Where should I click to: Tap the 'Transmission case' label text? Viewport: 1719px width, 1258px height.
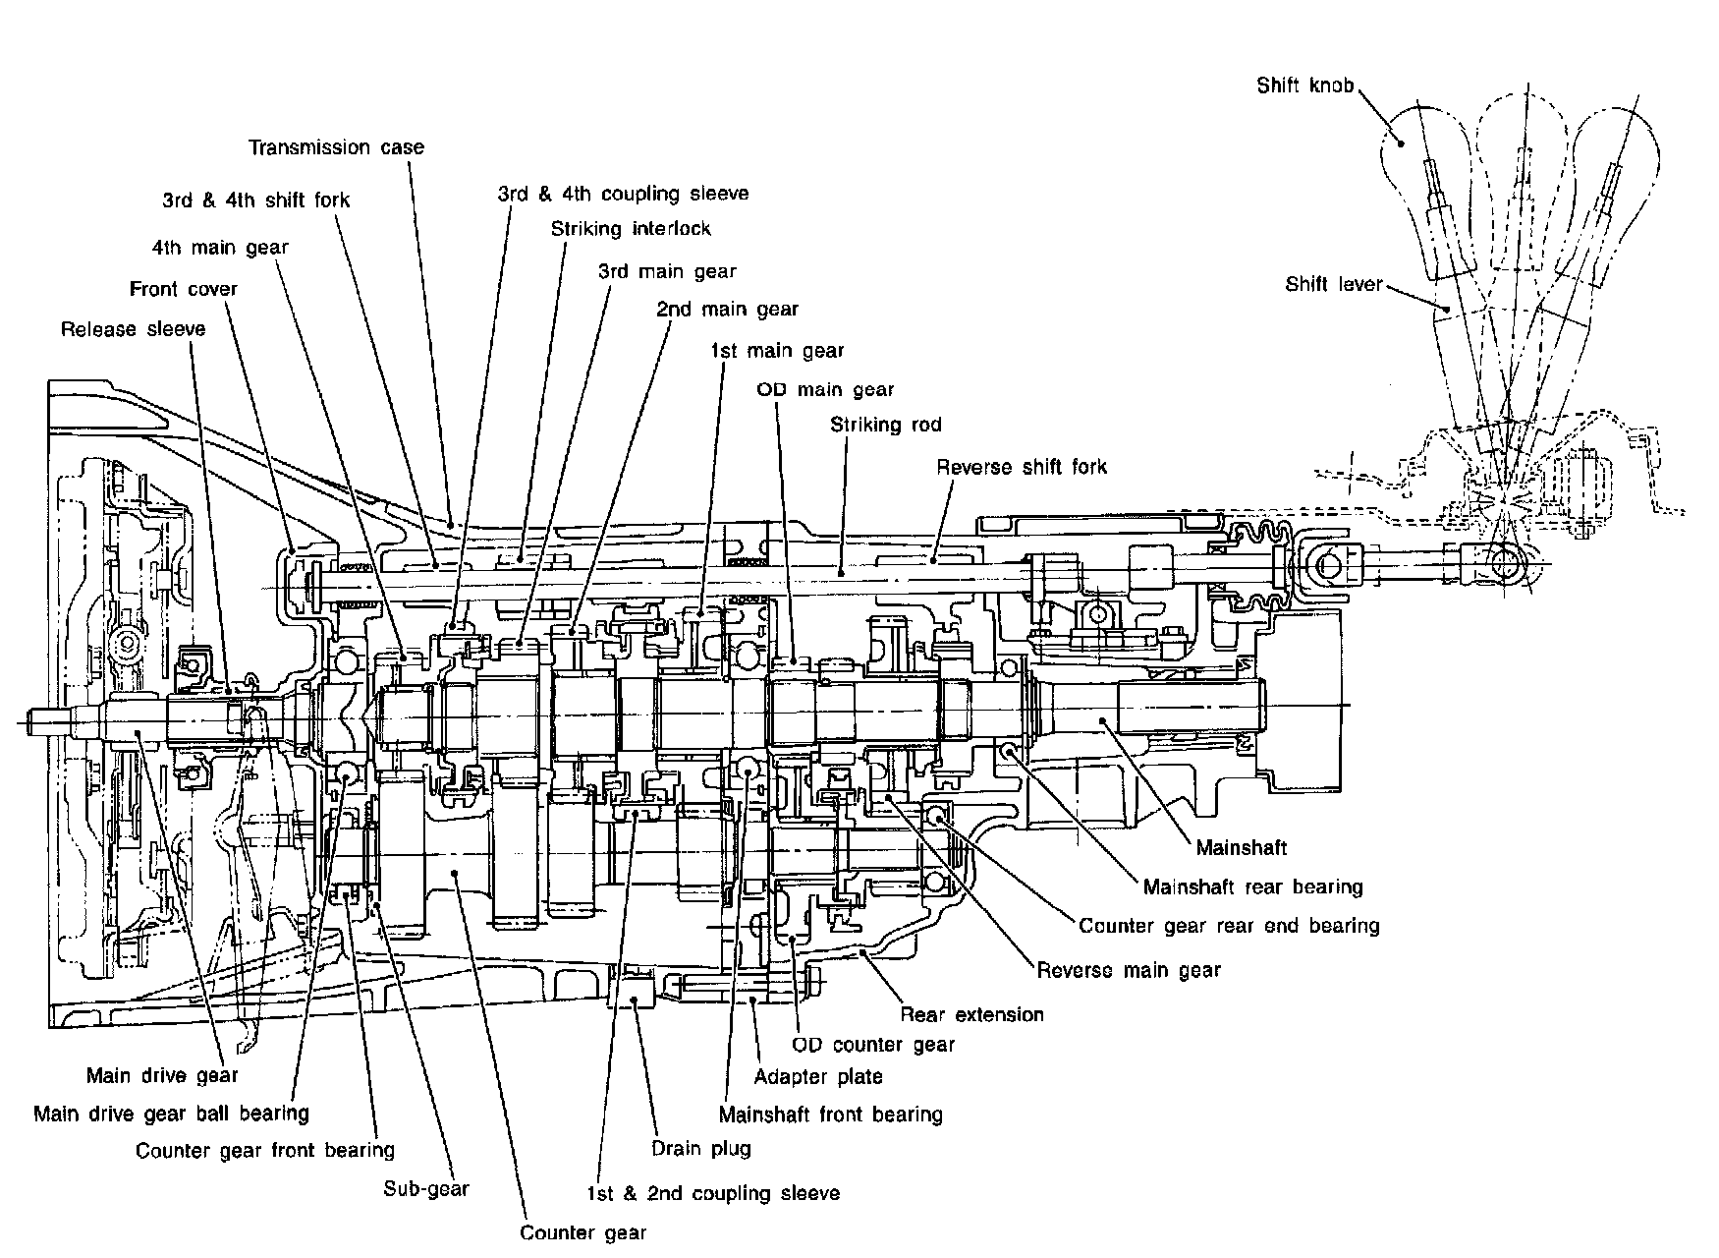tap(336, 147)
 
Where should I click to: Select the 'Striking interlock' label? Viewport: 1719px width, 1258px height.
tap(631, 229)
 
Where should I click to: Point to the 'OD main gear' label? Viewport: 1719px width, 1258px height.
tap(825, 390)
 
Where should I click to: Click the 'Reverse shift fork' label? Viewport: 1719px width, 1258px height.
tap(1022, 467)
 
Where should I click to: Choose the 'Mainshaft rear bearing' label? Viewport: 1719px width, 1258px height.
tap(1253, 887)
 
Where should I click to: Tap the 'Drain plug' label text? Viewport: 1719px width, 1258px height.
tap(701, 1148)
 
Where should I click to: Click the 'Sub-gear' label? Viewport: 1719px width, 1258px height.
tap(426, 1189)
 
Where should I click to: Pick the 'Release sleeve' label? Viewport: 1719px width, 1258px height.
tap(134, 329)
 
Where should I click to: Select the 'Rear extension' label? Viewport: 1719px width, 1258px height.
tap(972, 1014)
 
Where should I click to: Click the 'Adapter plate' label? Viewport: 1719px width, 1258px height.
tap(818, 1076)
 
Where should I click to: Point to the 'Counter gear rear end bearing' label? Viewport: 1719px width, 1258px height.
tap(1229, 926)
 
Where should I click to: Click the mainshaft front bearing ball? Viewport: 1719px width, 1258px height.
tap(749, 770)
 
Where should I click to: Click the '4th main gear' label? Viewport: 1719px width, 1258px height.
tap(221, 247)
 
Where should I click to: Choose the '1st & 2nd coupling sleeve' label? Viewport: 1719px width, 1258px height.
tap(713, 1194)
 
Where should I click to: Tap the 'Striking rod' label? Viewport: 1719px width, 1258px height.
tap(886, 425)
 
